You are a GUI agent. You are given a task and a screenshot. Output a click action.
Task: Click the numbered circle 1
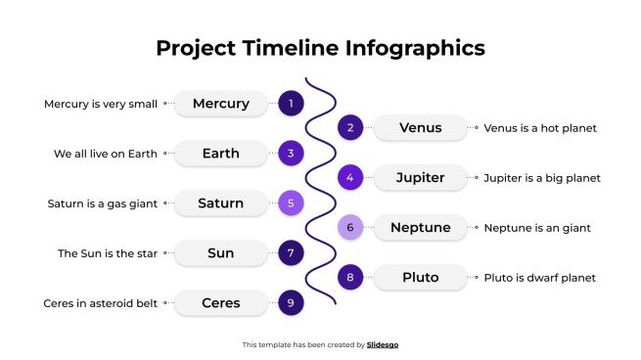click(x=291, y=104)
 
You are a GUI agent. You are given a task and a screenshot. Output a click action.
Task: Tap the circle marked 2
click(x=350, y=128)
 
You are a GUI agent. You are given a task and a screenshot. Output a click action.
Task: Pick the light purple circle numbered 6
click(x=350, y=228)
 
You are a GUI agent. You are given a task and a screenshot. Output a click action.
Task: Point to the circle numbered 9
click(x=291, y=303)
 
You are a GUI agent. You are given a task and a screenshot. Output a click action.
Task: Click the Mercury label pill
click(x=221, y=104)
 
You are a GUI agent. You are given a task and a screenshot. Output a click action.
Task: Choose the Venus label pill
click(x=421, y=128)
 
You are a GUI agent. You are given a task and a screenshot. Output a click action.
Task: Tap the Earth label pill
click(x=221, y=154)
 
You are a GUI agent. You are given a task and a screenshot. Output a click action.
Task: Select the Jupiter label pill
click(x=421, y=178)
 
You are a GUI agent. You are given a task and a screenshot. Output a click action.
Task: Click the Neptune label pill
click(x=421, y=228)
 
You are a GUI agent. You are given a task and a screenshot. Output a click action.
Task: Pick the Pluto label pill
click(x=421, y=278)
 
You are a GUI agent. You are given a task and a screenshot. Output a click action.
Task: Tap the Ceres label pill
click(x=221, y=303)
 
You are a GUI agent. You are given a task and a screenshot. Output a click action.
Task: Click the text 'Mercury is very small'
click(x=101, y=104)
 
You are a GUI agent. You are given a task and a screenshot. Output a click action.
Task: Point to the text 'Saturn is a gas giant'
click(x=103, y=203)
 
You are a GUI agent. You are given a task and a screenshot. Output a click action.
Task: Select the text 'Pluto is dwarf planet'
click(x=540, y=278)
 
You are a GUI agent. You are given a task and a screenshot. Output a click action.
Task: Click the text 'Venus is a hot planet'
click(x=540, y=128)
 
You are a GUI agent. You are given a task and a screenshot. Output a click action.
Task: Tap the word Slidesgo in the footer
click(x=383, y=344)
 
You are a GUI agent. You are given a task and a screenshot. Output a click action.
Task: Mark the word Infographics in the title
click(x=415, y=48)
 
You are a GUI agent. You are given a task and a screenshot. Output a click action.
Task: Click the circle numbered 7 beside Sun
click(x=291, y=253)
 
